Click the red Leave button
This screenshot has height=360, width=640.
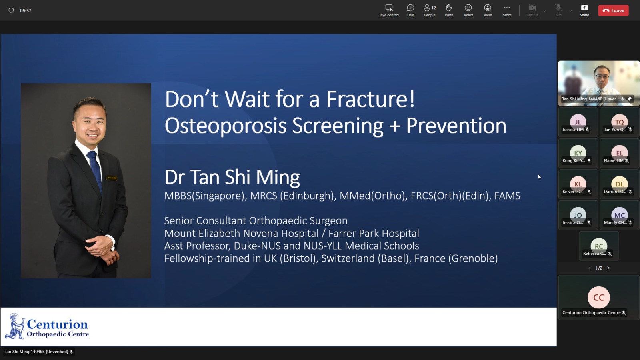pos(613,10)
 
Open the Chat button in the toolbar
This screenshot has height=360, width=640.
pos(410,10)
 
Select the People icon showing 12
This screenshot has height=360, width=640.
pos(430,10)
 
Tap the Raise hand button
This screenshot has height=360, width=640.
pos(449,10)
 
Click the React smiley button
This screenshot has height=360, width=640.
pos(468,10)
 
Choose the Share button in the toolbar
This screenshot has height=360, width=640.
pos(584,10)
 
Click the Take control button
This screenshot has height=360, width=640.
pos(389,10)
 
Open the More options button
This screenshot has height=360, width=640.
pos(507,10)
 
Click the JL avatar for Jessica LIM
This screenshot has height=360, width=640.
pos(578,122)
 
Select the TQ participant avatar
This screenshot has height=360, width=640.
pos(619,122)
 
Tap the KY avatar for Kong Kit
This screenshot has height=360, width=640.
pos(578,153)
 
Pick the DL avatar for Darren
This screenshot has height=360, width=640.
pos(619,184)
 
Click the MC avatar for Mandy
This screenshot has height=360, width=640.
pos(619,215)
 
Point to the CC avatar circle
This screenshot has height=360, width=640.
pos(598,297)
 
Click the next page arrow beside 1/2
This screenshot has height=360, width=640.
pos(608,268)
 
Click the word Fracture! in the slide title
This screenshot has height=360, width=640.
pos(370,99)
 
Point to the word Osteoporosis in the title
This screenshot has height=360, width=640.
pos(225,126)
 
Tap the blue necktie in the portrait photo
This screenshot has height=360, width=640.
pos(95,170)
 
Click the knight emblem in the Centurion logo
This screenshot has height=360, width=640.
pos(15,326)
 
